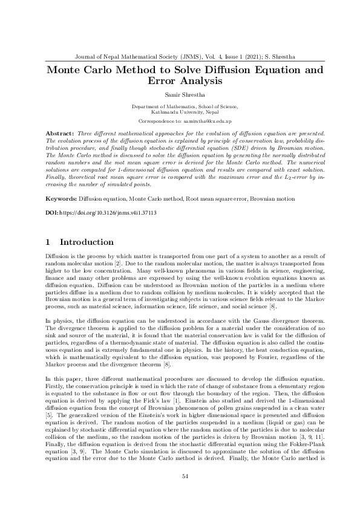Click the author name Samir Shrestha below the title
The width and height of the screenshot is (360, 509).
(180, 95)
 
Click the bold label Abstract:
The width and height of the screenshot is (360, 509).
(60, 132)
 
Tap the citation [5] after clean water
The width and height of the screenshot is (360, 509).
(50, 416)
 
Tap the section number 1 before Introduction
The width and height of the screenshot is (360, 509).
(48, 242)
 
